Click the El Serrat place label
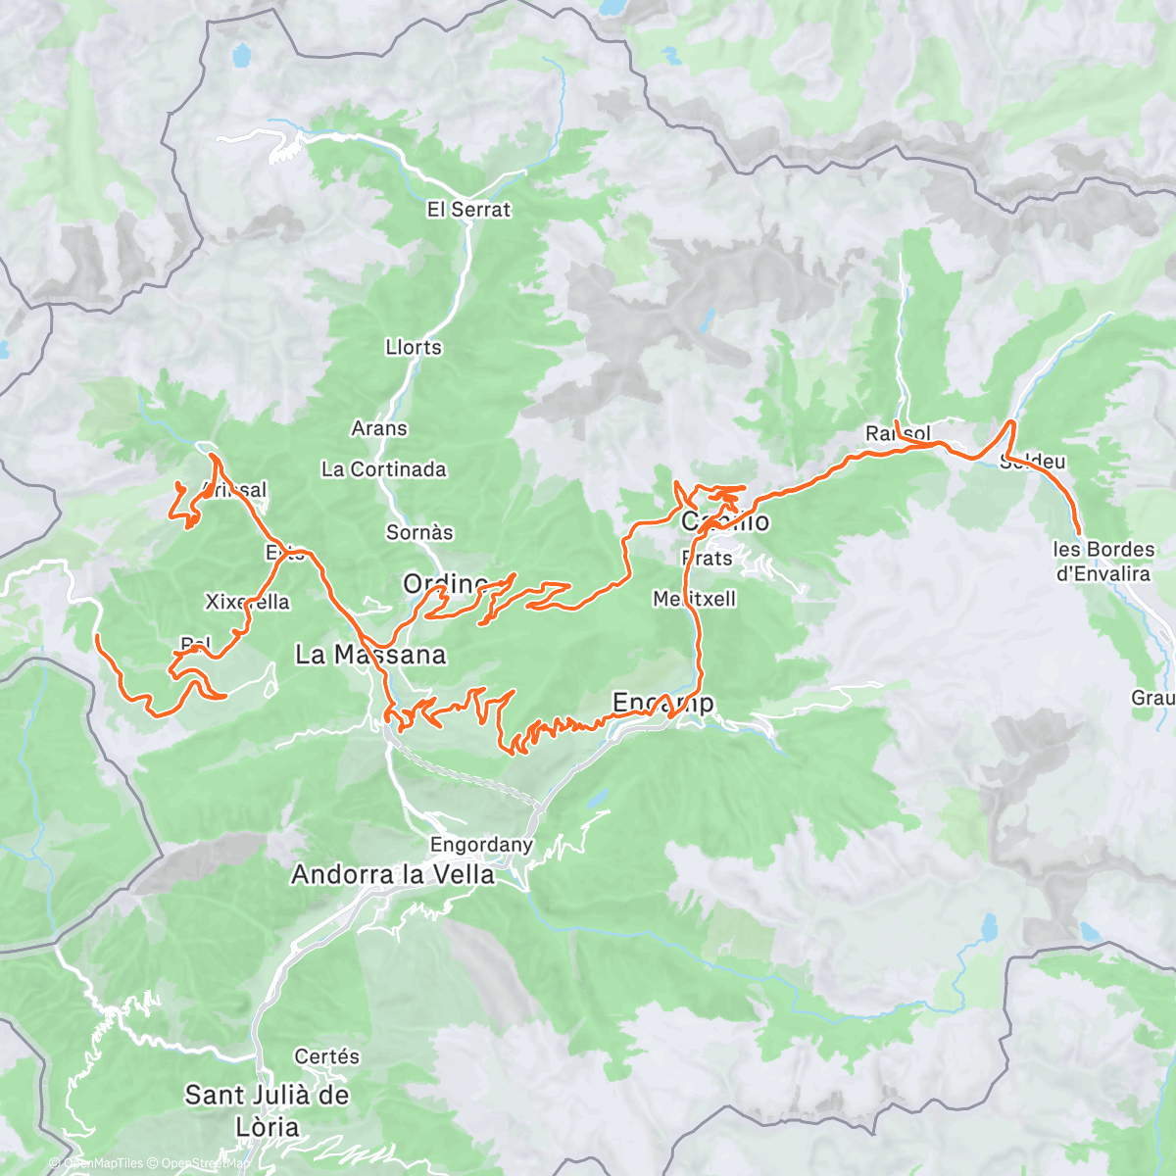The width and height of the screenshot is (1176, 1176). [x=468, y=210]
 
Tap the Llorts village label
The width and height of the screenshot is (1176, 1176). [x=414, y=348]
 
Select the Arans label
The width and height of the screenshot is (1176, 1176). [x=379, y=429]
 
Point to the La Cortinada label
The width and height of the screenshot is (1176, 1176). [x=383, y=470]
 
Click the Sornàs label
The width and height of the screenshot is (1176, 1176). [x=419, y=533]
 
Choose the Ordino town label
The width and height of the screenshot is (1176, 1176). [x=445, y=585]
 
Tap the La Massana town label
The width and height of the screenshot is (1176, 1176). [x=370, y=655]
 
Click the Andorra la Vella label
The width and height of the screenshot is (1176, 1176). [x=393, y=875]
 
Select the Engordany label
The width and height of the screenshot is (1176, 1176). [x=481, y=845]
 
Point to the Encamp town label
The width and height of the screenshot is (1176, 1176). [x=662, y=703]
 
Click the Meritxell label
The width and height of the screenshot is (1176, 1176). [x=694, y=599]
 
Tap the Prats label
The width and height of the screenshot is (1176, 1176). [x=707, y=559]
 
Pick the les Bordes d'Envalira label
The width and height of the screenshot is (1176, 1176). [x=1103, y=562]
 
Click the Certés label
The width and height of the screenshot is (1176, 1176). [x=326, y=1057]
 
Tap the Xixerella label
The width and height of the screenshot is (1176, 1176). [x=247, y=602]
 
